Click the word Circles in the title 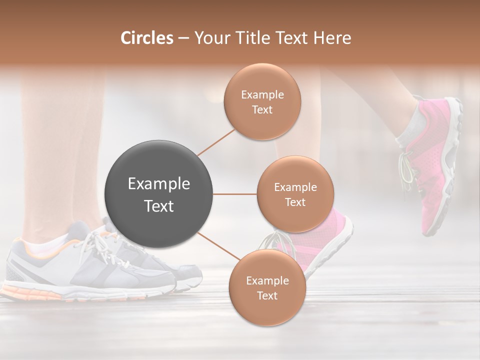pos(146,38)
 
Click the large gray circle pos(158,194)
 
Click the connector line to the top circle pos(216,142)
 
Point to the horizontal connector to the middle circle pos(235,194)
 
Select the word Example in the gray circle pos(158,184)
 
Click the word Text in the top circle pos(262,110)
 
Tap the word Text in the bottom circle pos(267,295)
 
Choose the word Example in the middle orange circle pos(295,187)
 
